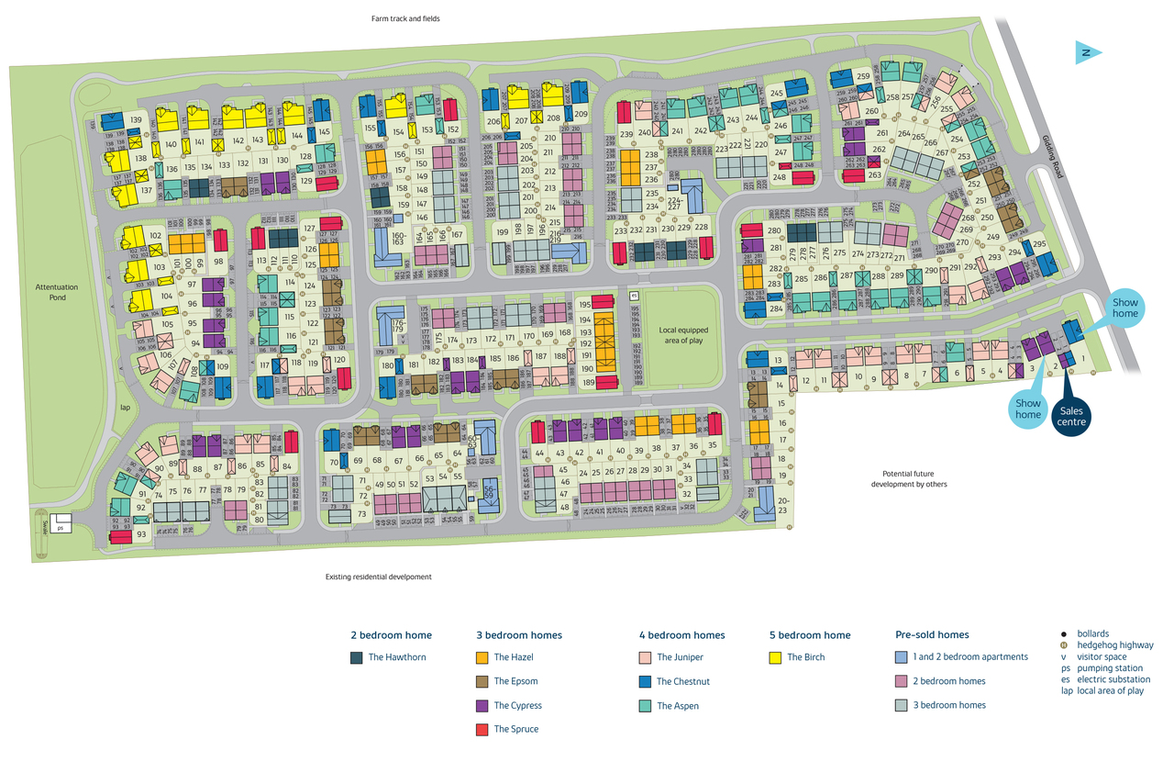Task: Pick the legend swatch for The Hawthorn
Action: pos(356,657)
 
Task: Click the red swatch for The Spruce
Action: pos(482,729)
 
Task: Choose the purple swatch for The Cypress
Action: pos(482,705)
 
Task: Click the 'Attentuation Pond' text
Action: pos(57,293)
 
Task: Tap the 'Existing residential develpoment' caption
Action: pos(378,577)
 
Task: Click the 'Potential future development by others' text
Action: pos(908,478)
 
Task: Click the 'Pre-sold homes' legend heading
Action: pos(931,634)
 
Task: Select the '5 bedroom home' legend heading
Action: pos(809,634)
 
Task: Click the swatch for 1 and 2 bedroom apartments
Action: pos(901,657)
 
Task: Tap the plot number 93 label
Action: pos(141,534)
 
